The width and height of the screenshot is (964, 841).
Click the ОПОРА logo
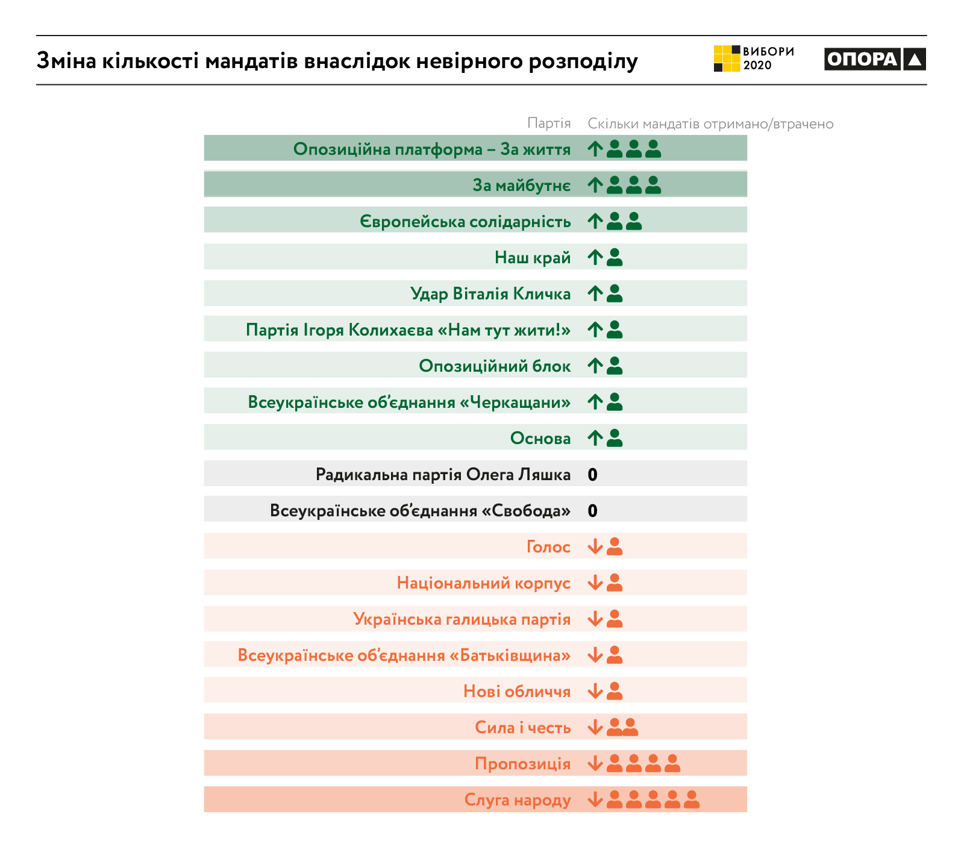pos(874,59)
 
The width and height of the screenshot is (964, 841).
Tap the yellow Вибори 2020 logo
pos(753,58)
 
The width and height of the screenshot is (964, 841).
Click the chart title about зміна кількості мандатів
pos(337,61)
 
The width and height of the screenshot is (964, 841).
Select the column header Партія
pos(549,123)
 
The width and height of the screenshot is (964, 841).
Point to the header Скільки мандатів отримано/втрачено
pos(710,124)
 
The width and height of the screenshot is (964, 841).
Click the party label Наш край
pos(533,258)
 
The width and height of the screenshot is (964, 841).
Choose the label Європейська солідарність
pos(465,222)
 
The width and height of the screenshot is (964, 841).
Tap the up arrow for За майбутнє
pos(595,185)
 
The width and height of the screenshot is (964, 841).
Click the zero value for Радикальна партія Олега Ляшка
pos(593,475)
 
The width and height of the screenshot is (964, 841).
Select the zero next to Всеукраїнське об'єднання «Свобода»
pos(593,511)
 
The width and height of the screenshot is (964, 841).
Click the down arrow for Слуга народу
pos(595,799)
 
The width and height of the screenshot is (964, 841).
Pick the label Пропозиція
pos(522,764)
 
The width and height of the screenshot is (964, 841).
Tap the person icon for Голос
pos(615,546)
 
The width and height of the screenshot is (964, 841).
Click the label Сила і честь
pos(522,728)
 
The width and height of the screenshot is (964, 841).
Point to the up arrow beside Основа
pos(595,438)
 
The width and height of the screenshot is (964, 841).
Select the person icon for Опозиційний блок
pos(615,366)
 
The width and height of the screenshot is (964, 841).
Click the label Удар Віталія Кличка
pos(490,294)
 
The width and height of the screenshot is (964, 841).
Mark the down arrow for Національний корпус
pos(595,583)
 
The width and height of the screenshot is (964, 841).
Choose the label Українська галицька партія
pos(462,619)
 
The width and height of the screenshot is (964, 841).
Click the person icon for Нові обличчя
pos(615,691)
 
